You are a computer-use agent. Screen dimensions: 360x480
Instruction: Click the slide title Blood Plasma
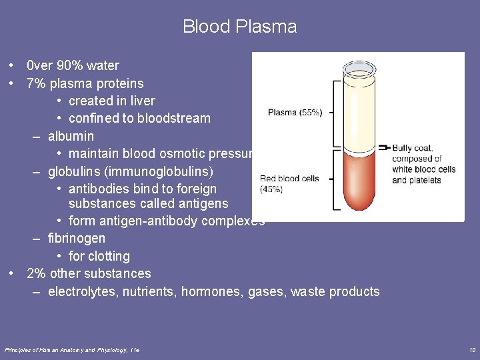pos(239,27)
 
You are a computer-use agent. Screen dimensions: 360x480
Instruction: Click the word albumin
pos(71,136)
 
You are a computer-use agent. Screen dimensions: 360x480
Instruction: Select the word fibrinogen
pos(77,238)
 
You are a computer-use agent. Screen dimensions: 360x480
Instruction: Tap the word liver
pos(144,101)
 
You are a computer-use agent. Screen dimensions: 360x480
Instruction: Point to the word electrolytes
pos(81,291)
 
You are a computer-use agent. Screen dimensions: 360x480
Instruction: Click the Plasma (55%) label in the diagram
pos(295,113)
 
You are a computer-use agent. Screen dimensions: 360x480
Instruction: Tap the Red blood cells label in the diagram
pos(289,178)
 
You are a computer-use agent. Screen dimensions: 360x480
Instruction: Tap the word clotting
pos(110,256)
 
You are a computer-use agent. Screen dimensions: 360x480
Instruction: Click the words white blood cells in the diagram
pos(423,169)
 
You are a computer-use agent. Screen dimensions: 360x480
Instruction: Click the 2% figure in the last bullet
pos(36,273)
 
